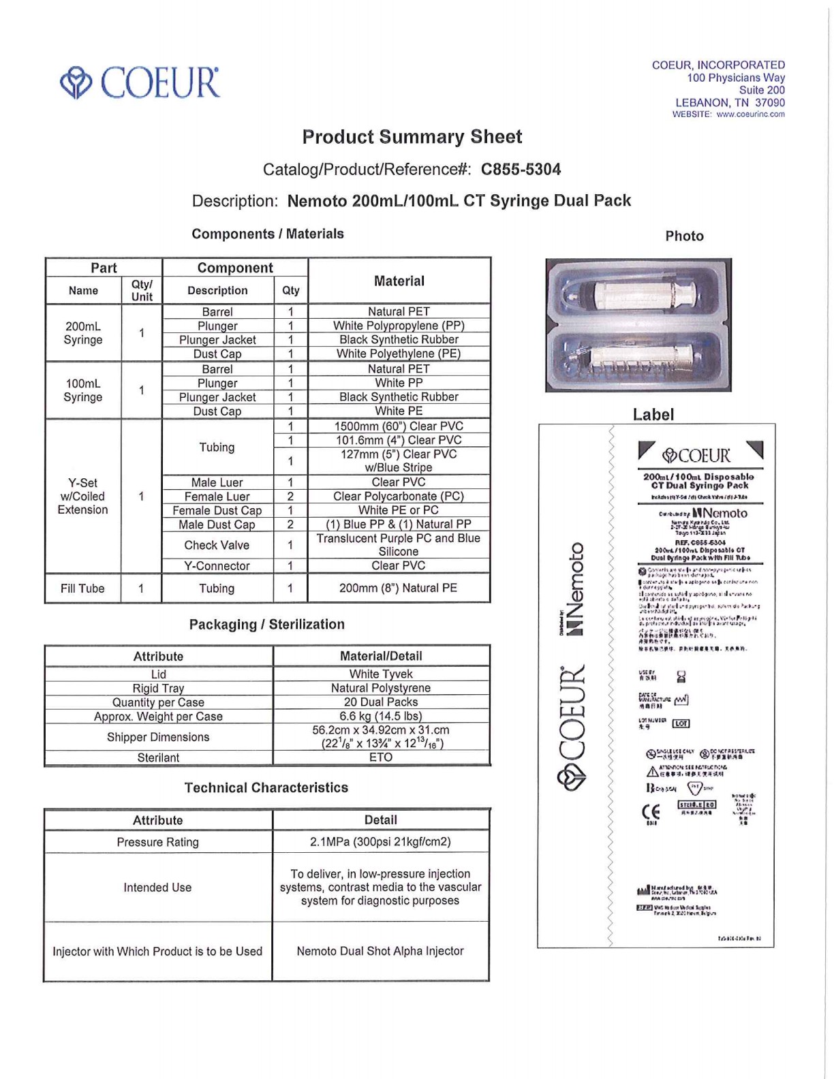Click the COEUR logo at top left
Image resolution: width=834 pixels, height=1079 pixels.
click(140, 83)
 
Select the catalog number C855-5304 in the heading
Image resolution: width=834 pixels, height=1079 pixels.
click(521, 170)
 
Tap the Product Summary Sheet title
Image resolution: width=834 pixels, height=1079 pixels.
click(412, 137)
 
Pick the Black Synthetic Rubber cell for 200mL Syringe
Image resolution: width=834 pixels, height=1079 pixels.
click(399, 339)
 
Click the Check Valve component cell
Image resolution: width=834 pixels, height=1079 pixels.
click(217, 545)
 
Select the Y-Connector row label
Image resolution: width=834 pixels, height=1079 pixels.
click(217, 566)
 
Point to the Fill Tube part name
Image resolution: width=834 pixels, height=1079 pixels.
click(82, 589)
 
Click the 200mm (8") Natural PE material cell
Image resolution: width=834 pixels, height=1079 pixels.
click(399, 588)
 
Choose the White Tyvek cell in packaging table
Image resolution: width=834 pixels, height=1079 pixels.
click(381, 674)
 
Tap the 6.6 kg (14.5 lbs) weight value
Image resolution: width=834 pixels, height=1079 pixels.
click(381, 716)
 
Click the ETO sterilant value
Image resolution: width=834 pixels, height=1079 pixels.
click(381, 757)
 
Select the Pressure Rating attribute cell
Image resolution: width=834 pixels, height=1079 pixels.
click(157, 842)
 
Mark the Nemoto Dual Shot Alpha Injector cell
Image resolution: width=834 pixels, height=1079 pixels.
click(380, 951)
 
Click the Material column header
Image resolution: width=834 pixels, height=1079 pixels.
click(399, 281)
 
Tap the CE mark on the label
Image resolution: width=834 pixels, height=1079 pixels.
click(651, 812)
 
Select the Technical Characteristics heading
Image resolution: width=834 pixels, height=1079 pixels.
click(266, 788)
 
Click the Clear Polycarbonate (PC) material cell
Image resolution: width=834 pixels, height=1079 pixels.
click(399, 497)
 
